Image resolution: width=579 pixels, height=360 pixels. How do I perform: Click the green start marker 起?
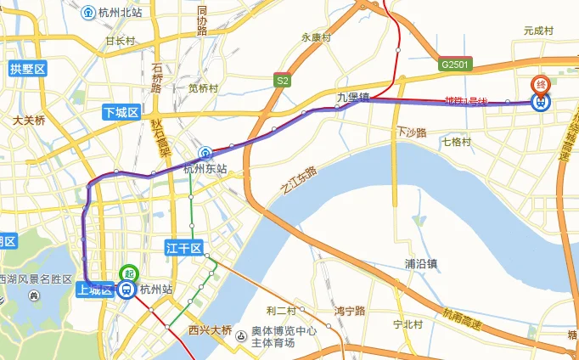tap(128, 273)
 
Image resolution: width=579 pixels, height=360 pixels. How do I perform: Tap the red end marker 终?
tap(539, 84)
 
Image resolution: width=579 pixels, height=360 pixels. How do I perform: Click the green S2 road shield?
tap(282, 80)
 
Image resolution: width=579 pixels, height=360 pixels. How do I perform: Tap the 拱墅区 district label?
tap(27, 68)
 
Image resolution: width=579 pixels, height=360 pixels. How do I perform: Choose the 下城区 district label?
tap(120, 113)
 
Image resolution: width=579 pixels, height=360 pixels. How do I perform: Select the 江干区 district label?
tap(183, 248)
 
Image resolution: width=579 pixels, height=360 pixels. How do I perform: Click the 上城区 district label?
tap(94, 289)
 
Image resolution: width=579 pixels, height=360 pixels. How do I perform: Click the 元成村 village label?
tap(538, 30)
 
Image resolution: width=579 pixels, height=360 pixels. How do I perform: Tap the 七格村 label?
tap(456, 142)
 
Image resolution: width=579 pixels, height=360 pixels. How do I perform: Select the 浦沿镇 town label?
tap(421, 263)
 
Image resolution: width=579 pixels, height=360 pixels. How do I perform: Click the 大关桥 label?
tap(29, 121)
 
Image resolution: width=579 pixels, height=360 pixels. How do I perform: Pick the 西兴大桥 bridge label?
tap(210, 329)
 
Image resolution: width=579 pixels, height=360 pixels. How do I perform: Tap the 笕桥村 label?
tap(204, 87)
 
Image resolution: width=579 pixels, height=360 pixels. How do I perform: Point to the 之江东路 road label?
tap(299, 182)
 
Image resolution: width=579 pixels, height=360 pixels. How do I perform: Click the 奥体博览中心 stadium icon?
tap(242, 335)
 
